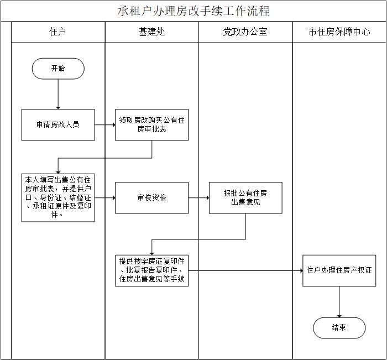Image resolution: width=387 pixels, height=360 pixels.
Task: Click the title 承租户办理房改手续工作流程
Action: coord(193,11)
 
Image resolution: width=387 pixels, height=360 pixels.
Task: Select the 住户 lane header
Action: coord(57,32)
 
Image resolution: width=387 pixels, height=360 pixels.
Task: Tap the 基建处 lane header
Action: coord(151,32)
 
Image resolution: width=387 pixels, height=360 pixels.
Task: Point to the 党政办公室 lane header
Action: coord(245,32)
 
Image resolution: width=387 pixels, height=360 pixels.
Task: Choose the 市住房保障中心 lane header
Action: coord(339,32)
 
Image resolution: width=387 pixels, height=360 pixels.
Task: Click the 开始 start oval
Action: coord(58,69)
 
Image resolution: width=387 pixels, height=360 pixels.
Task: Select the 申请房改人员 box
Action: coord(58,124)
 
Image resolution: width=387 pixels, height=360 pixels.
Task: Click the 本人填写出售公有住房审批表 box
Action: coord(58,197)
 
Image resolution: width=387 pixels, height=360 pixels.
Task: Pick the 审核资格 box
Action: coord(151,197)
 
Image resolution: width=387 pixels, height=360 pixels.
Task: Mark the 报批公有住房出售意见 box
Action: coord(245,197)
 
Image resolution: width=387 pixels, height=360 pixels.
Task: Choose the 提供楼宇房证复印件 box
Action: coord(151,270)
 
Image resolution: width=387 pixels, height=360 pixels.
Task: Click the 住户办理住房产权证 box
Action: coord(339,270)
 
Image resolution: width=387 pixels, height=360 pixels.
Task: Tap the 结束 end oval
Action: coord(339,328)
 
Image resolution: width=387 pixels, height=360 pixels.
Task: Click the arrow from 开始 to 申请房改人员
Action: coord(58,94)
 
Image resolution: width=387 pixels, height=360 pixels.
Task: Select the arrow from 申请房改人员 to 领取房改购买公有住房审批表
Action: coord(105,124)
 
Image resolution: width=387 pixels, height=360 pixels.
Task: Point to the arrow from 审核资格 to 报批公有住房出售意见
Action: coord(198,197)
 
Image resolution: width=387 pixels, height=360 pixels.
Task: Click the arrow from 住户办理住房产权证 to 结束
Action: coord(339,302)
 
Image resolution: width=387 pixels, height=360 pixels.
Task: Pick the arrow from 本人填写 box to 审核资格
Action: coord(105,197)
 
